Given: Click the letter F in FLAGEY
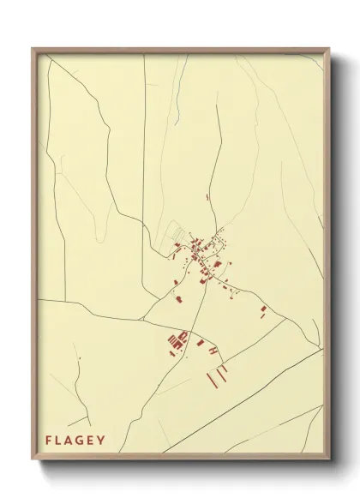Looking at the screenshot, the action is pos(50,441).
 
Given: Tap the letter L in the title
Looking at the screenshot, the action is pos(61,441).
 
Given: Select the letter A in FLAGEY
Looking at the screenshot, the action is pos(72,441).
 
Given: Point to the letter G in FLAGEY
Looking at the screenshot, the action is pos(84,441).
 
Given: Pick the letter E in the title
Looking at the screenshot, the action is pos(94,441).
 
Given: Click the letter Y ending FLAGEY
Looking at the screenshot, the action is pos(104,441).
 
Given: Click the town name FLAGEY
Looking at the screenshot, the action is pos(76,441).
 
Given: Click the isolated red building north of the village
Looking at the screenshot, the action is pos(207,197).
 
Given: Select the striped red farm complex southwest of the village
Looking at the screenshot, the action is pos(177,340).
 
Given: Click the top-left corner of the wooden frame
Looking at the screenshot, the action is pos(33,48).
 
